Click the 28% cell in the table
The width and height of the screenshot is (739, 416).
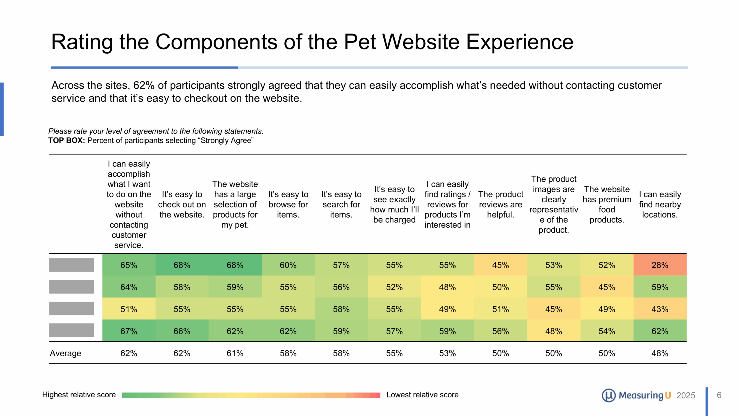point(660,265)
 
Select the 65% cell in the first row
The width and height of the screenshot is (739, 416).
point(129,265)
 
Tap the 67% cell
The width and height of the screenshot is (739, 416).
point(129,331)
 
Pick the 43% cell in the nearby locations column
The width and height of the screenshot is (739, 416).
point(660,309)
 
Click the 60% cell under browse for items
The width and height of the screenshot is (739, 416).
point(288,265)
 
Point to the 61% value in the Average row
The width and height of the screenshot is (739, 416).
point(235,353)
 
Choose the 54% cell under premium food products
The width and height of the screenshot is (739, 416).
point(607,331)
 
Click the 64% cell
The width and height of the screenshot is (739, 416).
point(129,287)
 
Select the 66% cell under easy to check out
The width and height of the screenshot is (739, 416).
point(182,331)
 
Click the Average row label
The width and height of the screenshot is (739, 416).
point(66,353)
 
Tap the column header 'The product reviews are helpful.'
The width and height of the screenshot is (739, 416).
point(501,204)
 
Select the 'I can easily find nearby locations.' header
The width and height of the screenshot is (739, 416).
point(660,204)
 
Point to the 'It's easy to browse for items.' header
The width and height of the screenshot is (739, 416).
point(288,204)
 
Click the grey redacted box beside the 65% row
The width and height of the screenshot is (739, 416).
point(72,265)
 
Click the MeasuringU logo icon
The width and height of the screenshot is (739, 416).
point(609,395)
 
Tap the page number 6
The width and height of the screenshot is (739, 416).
point(719,395)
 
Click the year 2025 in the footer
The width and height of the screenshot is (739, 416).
point(686,395)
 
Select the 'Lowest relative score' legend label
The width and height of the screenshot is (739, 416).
point(422,395)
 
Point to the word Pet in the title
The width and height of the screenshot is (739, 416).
point(360,42)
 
